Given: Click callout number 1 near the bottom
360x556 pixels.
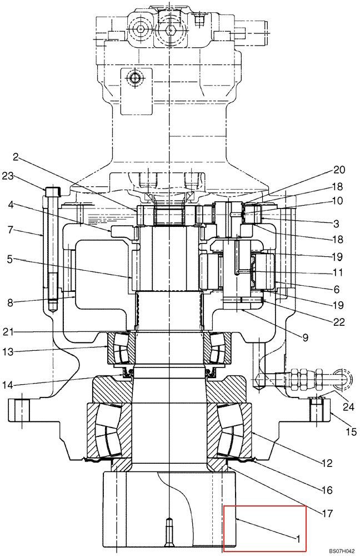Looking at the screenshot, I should (x=298, y=538).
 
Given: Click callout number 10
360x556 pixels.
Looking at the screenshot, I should (x=338, y=201).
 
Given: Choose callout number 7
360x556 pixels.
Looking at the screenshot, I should (x=9, y=229).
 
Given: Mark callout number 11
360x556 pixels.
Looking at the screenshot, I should (x=338, y=273).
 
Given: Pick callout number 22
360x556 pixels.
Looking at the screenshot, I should (x=338, y=321).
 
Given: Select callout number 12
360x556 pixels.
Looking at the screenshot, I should (x=327, y=463).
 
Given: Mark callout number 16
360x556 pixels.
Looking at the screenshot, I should (x=327, y=490).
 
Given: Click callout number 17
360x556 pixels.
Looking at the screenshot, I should (x=327, y=514).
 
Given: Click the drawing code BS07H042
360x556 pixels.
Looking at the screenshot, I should (x=341, y=550).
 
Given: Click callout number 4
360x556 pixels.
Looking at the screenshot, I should (x=9, y=205).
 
